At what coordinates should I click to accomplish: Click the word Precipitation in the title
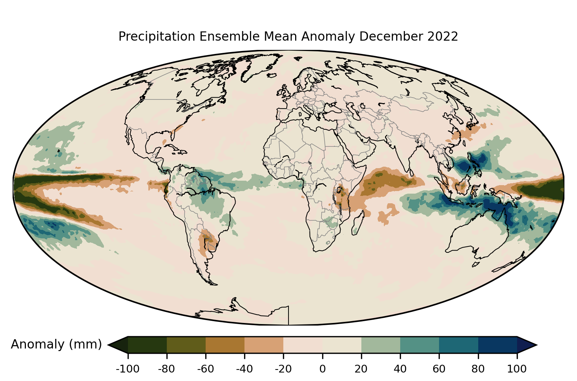point(156,37)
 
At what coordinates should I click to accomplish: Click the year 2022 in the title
point(442,36)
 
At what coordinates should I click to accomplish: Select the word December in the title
point(391,36)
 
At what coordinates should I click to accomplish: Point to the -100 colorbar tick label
point(128,369)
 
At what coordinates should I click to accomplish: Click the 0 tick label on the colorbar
point(322,369)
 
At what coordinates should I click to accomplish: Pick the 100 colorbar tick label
point(517,369)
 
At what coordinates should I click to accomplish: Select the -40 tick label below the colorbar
point(244,369)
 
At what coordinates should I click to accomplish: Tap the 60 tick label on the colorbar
point(439,369)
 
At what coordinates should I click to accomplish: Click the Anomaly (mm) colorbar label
point(57,344)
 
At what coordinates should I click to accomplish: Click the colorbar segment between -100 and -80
point(147,345)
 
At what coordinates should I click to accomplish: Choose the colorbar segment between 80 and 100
point(498,345)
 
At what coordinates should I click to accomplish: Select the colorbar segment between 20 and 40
point(381,345)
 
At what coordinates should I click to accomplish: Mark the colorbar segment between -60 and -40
point(225,345)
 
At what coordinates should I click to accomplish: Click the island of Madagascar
point(358,223)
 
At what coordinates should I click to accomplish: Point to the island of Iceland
point(272,75)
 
